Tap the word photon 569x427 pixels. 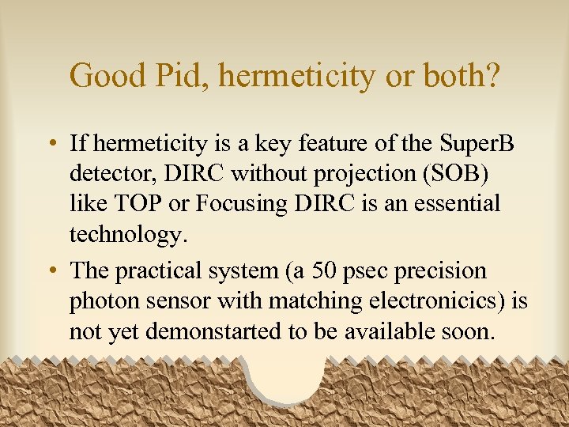[x=102, y=302]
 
